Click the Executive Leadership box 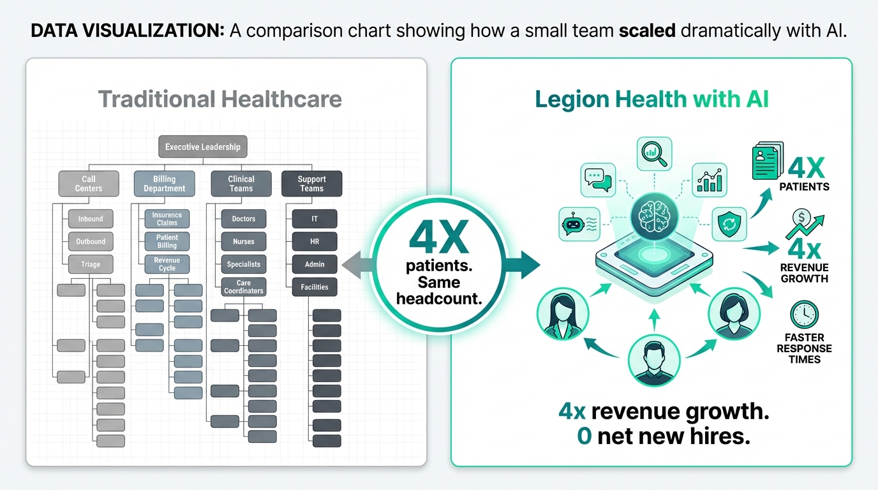pyautogui.click(x=202, y=147)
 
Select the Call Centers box pyautogui.click(x=89, y=184)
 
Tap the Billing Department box pyautogui.click(x=164, y=184)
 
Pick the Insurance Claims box pyautogui.click(x=167, y=219)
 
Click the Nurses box pyautogui.click(x=244, y=242)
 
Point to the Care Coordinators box pyautogui.click(x=244, y=287)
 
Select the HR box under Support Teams pyautogui.click(x=315, y=242)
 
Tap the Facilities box pyautogui.click(x=315, y=287)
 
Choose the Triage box pyautogui.click(x=91, y=264)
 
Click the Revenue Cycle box pyautogui.click(x=167, y=264)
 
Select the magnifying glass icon pyautogui.click(x=654, y=154)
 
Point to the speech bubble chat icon pyautogui.click(x=597, y=179)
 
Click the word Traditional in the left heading pyautogui.click(x=156, y=100)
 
